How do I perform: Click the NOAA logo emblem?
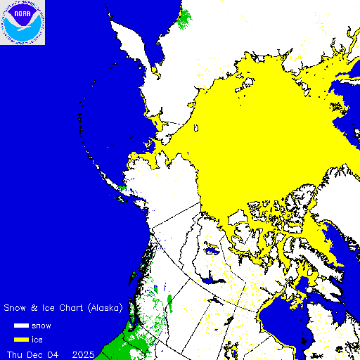[x=22, y=23]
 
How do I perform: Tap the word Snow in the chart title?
[x=15, y=308]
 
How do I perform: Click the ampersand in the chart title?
[x=34, y=308]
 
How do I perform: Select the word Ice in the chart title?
[x=47, y=308]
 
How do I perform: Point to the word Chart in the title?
[x=70, y=308]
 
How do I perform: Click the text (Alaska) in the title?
[x=105, y=308]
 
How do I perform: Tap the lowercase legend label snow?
[x=51, y=326]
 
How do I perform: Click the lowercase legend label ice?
[x=47, y=340]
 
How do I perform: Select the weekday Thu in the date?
[x=15, y=353]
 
